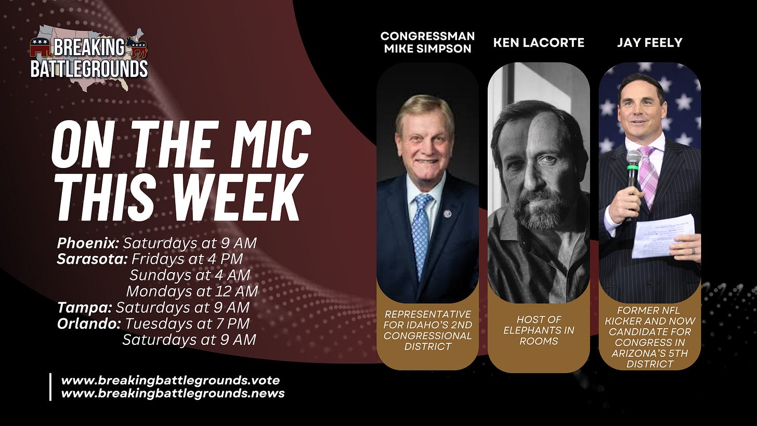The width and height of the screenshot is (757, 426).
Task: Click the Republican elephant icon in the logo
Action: (x=40, y=47)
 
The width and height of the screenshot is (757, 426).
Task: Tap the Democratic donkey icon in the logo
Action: (x=137, y=47)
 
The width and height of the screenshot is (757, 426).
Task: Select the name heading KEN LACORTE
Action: (x=539, y=43)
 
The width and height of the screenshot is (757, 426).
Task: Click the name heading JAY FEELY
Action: (x=650, y=43)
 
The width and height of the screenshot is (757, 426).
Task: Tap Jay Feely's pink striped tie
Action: (x=649, y=176)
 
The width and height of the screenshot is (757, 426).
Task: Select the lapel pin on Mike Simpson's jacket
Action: (x=448, y=214)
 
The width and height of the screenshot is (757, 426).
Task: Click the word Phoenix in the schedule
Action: (x=88, y=243)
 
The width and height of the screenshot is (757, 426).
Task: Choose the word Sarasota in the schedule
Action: (x=92, y=260)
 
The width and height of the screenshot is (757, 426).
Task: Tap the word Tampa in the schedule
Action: (x=84, y=308)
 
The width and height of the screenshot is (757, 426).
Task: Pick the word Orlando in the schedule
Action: (x=89, y=324)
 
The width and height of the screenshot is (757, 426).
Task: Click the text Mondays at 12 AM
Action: (x=192, y=291)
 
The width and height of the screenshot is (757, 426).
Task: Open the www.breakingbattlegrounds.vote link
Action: (x=171, y=380)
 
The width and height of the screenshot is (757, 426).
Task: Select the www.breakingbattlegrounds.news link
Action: (x=173, y=394)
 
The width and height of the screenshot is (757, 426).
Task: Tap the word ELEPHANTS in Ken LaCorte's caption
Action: (x=539, y=330)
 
